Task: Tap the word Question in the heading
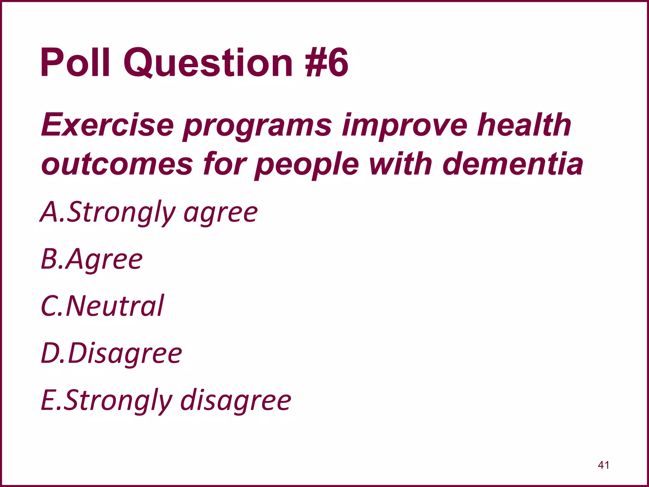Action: click(208, 62)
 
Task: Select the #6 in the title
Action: click(326, 62)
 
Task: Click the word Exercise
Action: click(108, 125)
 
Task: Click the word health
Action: click(524, 125)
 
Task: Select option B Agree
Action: click(92, 259)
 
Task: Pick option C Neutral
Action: click(102, 306)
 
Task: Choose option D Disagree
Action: click(112, 353)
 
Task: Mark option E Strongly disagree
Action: click(166, 400)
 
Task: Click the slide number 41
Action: click(603, 465)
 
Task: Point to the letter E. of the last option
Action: click(50, 400)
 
